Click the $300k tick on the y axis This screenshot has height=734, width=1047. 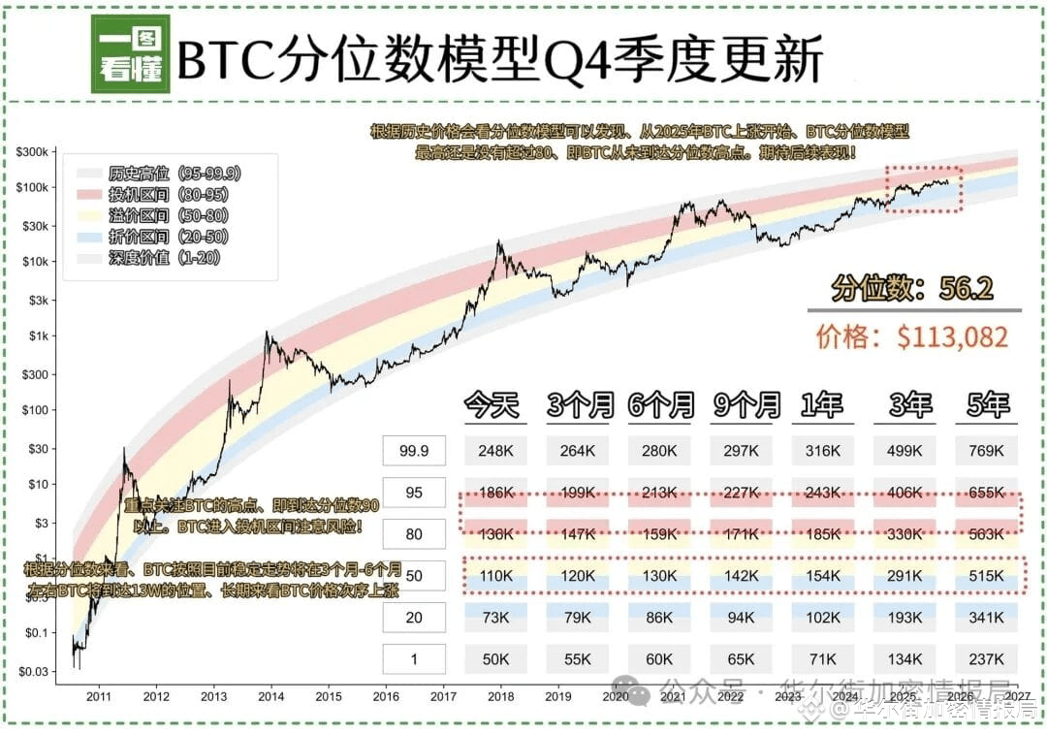point(37,152)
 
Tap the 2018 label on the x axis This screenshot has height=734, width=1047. point(500,695)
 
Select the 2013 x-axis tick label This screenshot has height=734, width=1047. point(213,695)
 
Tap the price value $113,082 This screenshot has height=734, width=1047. point(953,336)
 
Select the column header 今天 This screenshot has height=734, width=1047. point(494,404)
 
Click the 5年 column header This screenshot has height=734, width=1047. point(987,404)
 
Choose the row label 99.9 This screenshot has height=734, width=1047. point(414,450)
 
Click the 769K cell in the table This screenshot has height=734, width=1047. point(987,450)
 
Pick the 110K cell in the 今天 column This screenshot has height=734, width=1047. point(495,576)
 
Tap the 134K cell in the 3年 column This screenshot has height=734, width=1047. point(905,659)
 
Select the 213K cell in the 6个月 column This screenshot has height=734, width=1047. point(660,493)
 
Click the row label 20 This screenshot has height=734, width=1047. point(414,618)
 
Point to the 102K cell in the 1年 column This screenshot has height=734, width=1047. point(823,618)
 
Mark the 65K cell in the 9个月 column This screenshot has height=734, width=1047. point(742,659)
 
